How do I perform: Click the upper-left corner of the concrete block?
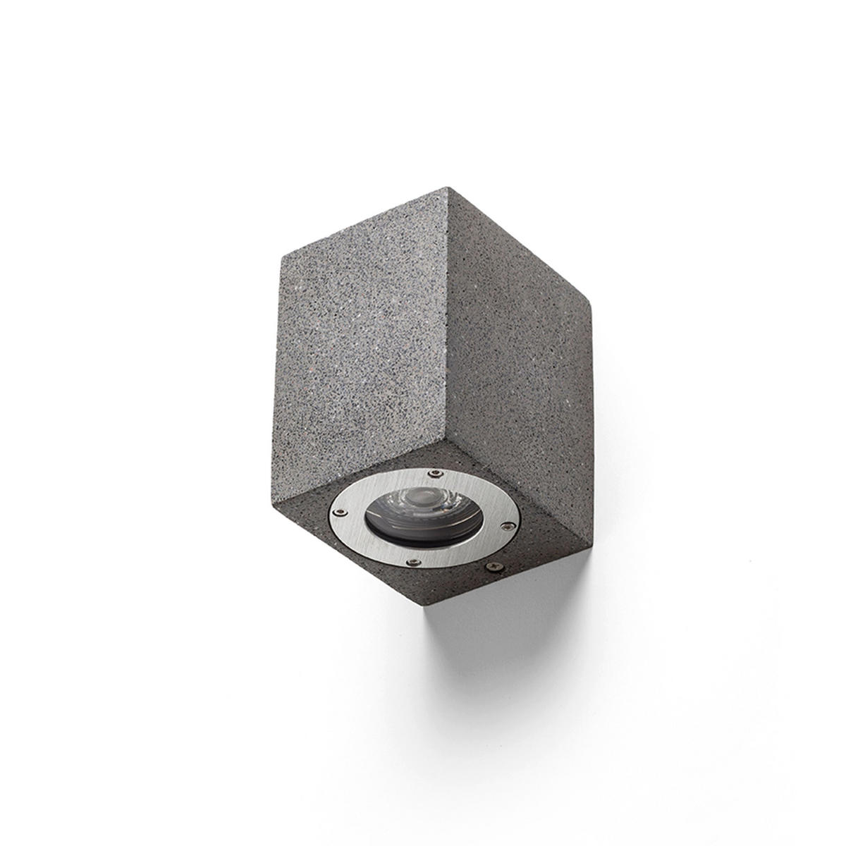282,254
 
